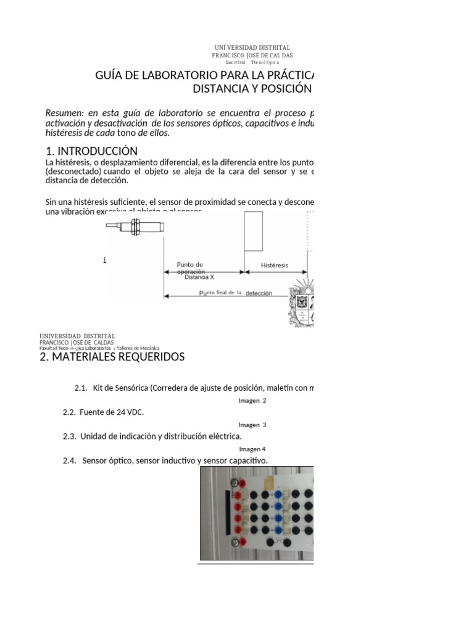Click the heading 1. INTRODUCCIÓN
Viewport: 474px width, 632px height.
(91, 151)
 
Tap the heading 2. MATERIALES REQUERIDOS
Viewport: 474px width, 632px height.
(112, 357)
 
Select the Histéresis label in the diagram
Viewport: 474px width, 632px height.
(275, 265)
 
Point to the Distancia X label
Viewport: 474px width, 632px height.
(199, 277)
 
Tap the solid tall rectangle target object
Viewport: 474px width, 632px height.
(254, 231)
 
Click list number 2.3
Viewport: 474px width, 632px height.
(69, 436)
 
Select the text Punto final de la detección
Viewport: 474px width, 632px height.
(235, 293)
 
